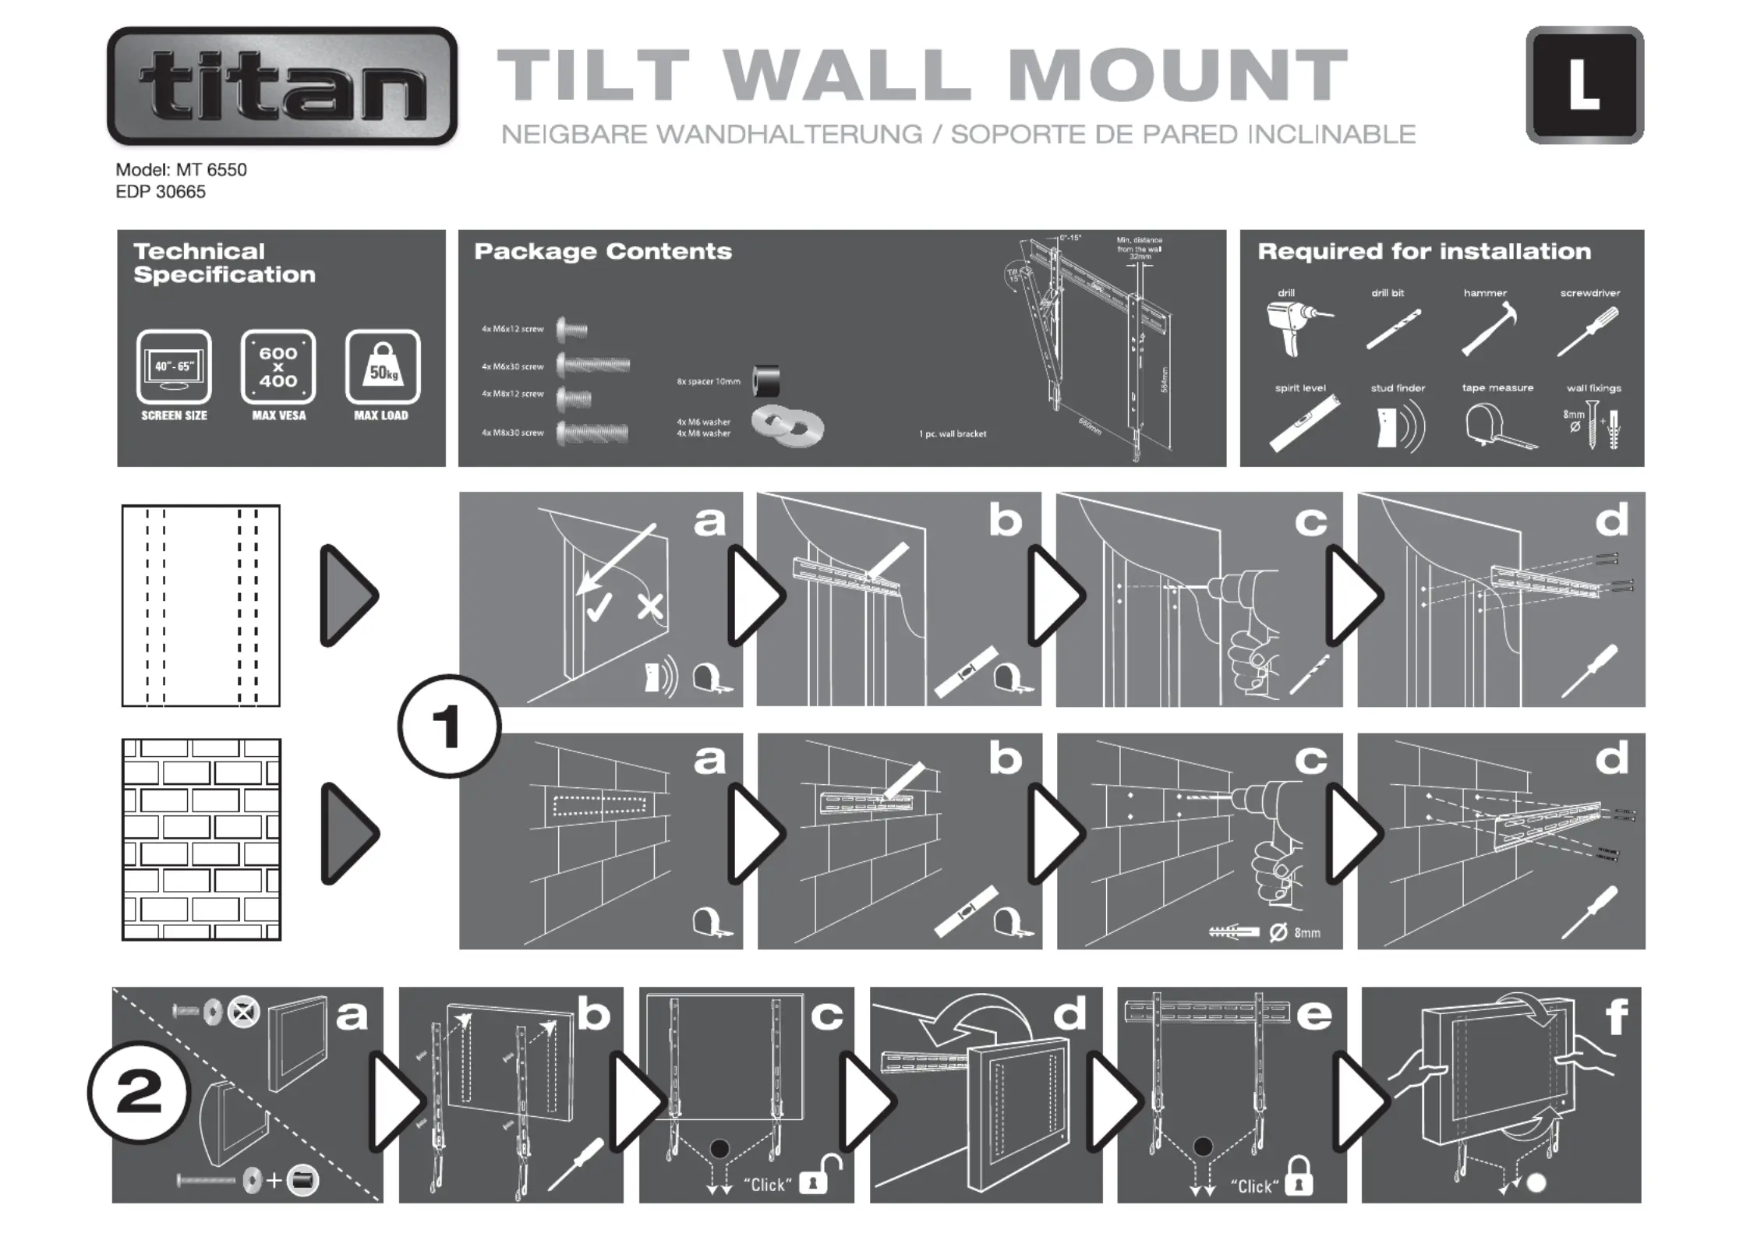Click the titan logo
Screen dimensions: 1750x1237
(x=282, y=86)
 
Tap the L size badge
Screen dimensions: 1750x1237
(x=1584, y=85)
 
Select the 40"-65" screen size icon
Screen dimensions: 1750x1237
(x=174, y=366)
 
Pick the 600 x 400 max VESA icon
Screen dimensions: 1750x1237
(x=278, y=366)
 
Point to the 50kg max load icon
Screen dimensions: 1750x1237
(x=382, y=366)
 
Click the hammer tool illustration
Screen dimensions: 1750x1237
(x=1488, y=329)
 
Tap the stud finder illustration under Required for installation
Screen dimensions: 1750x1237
(x=1398, y=426)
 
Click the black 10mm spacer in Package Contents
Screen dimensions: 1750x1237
(x=765, y=381)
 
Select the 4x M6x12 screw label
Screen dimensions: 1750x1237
(x=512, y=329)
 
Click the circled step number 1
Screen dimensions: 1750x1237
(x=449, y=726)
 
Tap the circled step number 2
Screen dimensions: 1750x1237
(x=139, y=1092)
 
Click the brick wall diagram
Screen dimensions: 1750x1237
(x=201, y=839)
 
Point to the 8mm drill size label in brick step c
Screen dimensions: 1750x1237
(x=1306, y=933)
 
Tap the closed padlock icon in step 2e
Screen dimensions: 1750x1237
(x=1298, y=1177)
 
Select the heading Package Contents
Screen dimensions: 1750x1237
(x=603, y=251)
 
